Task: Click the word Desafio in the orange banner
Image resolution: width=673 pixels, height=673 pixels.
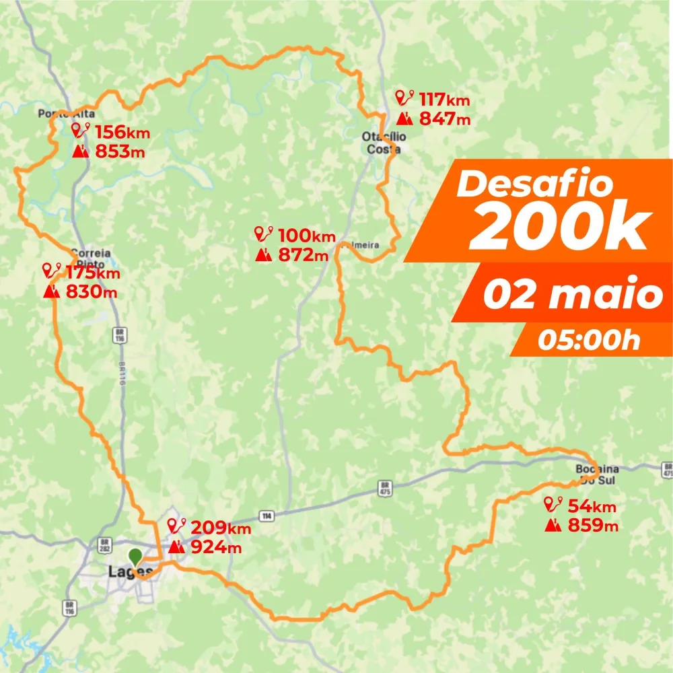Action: coord(534,184)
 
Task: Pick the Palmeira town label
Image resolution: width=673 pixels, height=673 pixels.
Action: coord(361,246)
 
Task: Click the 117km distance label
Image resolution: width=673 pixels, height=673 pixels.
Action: coord(444,100)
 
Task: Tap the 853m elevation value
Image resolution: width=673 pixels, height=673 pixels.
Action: coord(119,151)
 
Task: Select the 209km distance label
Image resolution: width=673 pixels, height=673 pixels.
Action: coord(221,528)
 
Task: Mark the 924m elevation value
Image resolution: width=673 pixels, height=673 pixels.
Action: coord(216,547)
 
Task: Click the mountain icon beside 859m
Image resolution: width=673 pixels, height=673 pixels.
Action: coord(553,524)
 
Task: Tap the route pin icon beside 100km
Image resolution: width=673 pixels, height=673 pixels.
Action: coord(263,234)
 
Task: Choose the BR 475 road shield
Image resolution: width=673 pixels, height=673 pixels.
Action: coord(385,487)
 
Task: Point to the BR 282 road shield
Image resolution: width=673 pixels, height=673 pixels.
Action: coord(104,543)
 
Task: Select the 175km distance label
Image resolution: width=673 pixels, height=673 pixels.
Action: coord(93,273)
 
